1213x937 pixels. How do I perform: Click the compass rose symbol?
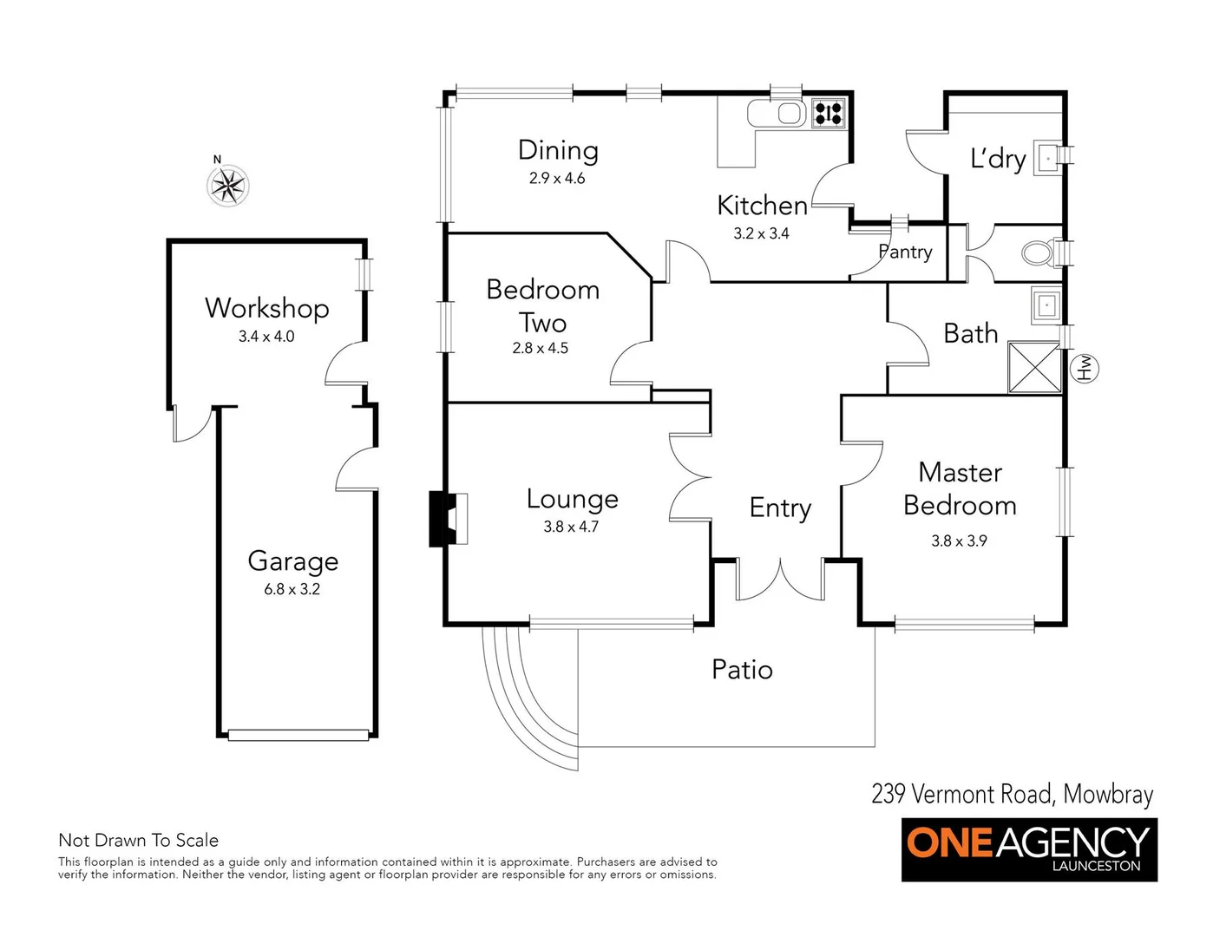(228, 185)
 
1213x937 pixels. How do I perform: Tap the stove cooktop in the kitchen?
(828, 114)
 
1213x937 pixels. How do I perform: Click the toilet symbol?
(1039, 253)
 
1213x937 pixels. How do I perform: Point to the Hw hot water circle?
(1085, 368)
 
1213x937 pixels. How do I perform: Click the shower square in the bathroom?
(1034, 368)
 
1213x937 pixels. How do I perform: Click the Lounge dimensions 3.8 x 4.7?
(571, 527)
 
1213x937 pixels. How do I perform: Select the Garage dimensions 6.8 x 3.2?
(292, 589)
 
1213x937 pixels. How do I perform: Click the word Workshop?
(267, 308)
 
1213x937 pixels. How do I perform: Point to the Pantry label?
(905, 252)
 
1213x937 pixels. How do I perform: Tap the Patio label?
(742, 669)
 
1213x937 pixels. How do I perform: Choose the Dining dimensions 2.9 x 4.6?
(557, 178)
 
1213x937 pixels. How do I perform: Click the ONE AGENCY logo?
(1029, 849)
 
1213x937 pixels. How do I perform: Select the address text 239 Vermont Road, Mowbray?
(1013, 794)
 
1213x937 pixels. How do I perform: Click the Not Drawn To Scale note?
(138, 840)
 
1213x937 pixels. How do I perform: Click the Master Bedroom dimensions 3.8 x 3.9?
(959, 541)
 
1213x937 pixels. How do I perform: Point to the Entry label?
(780, 508)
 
